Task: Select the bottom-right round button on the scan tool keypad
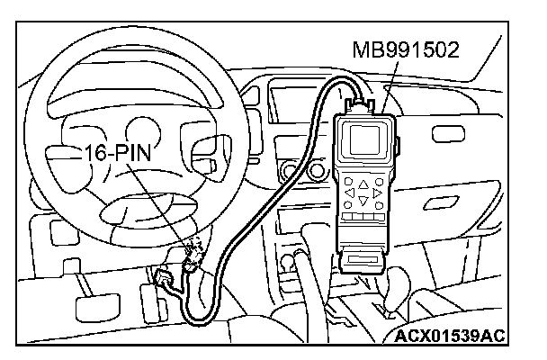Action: [381, 205]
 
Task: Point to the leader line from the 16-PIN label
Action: [162, 202]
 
